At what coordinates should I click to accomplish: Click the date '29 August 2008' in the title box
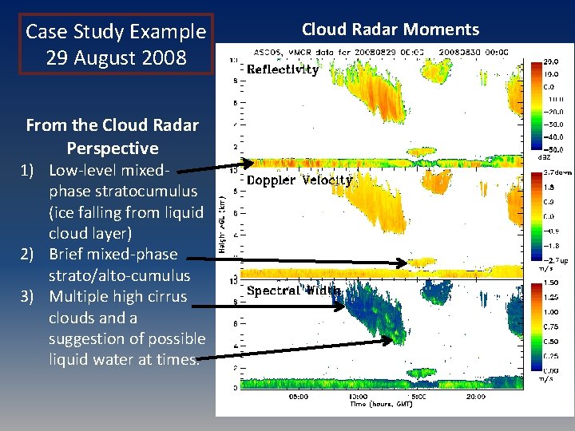point(116,58)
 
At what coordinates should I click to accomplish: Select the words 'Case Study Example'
point(116,32)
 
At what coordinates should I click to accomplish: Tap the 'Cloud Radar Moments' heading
point(390,30)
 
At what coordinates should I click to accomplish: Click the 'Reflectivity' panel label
point(283,69)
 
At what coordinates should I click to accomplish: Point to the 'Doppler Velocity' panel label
point(299,180)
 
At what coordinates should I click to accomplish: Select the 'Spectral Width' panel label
point(294,291)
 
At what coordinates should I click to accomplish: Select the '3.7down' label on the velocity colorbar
point(556,172)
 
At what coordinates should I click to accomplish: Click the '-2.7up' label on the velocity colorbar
point(556,259)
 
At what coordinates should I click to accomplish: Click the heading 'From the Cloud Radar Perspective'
point(112,136)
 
